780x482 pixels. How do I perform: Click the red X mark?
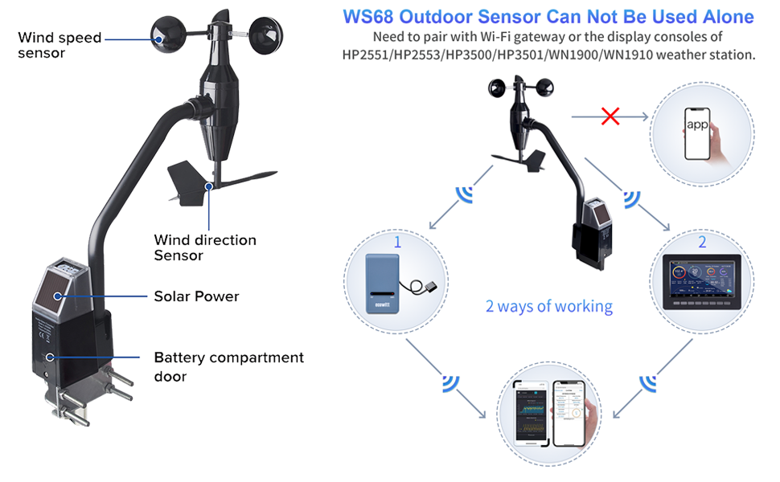pyautogui.click(x=610, y=117)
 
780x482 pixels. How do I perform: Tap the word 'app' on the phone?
pyautogui.click(x=697, y=125)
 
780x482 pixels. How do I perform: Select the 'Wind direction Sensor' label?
pyautogui.click(x=205, y=247)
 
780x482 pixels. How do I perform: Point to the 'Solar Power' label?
pyautogui.click(x=197, y=296)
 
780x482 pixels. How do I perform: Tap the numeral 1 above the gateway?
pyautogui.click(x=396, y=241)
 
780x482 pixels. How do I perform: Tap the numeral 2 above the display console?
pyautogui.click(x=702, y=242)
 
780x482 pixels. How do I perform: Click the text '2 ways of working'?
pyautogui.click(x=549, y=306)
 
